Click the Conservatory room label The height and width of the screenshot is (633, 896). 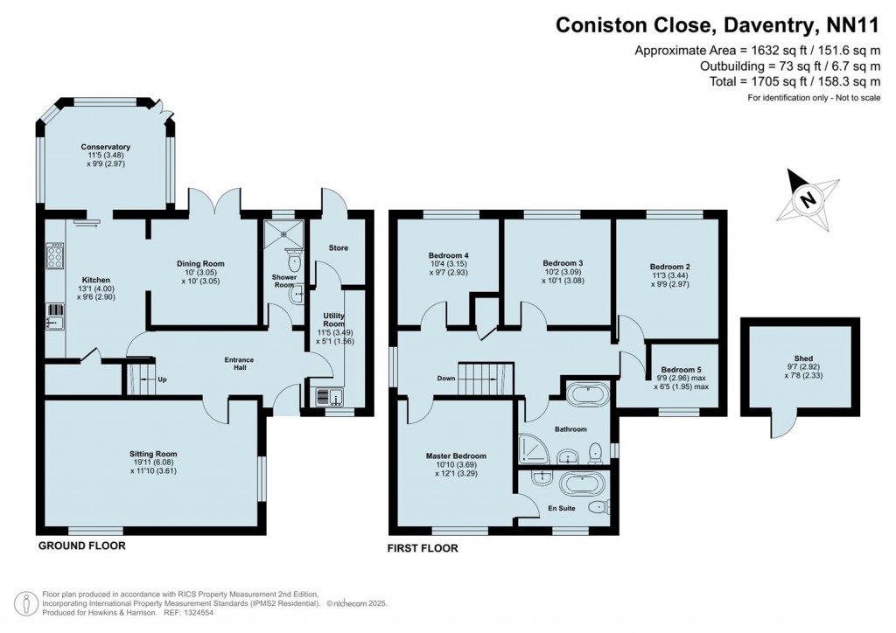coord(106,147)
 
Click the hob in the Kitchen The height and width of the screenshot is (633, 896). coord(54,258)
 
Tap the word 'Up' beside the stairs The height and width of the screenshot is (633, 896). coord(162,379)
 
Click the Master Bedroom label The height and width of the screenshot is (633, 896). coord(456,456)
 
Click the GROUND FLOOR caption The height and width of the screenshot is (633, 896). coord(81,546)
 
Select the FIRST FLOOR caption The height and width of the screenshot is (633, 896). coord(423,549)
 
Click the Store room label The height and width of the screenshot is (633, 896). coord(338,248)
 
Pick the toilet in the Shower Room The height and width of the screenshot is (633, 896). coord(294,262)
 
